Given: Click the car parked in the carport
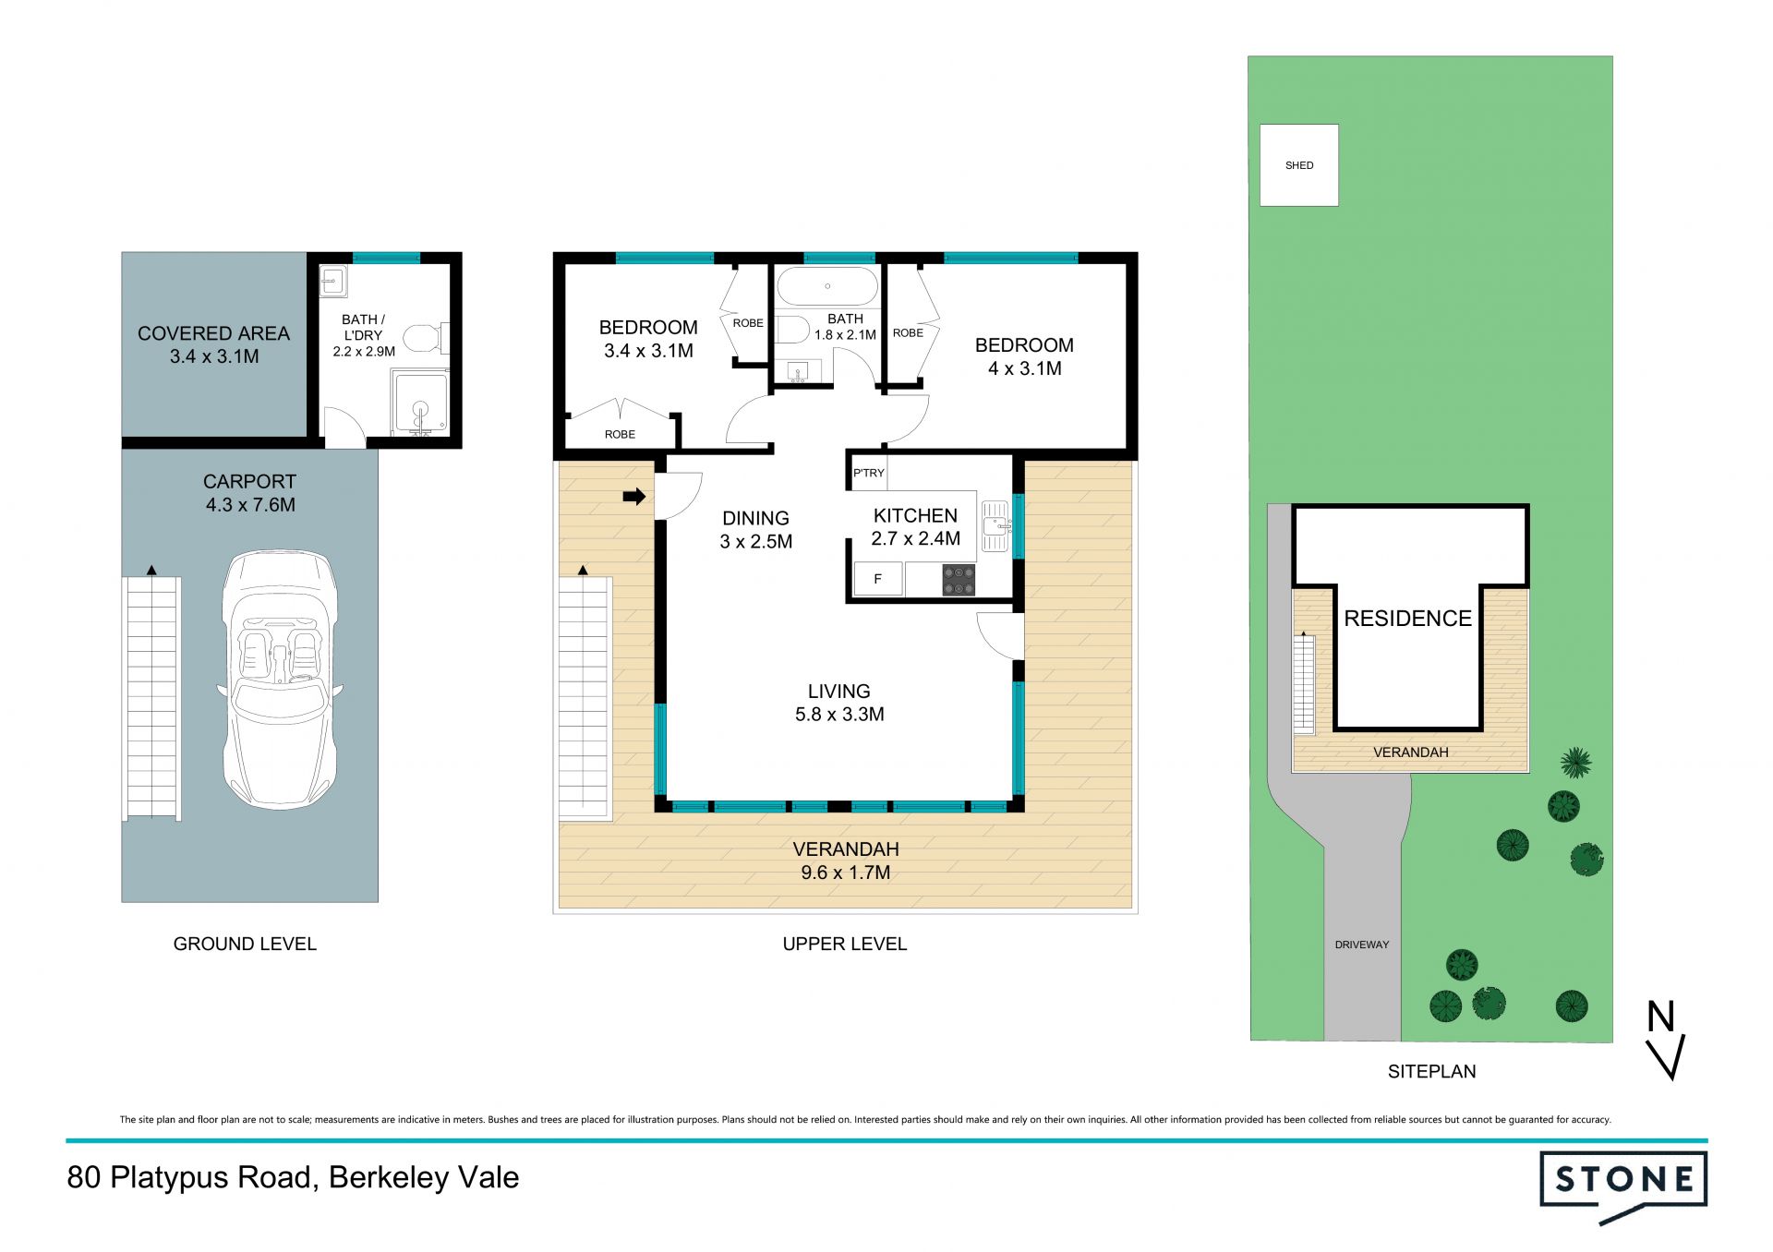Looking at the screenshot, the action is click(280, 680).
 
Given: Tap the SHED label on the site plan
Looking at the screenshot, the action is click(1298, 165).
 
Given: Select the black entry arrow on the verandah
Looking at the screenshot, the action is click(634, 497).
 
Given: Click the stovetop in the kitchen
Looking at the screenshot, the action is click(959, 580).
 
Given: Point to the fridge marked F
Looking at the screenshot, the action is click(877, 579).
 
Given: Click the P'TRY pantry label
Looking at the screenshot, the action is click(868, 473).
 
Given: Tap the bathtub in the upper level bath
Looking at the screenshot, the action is click(827, 286).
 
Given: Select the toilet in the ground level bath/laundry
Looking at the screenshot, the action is click(427, 338).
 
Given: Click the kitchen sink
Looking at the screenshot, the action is click(995, 526).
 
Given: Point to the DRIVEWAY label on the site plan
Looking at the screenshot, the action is click(1362, 945).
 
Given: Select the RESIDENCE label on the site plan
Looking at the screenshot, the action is click(1407, 619).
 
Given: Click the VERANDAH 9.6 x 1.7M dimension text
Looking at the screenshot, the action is click(846, 861).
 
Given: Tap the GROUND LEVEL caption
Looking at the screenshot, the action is click(245, 944).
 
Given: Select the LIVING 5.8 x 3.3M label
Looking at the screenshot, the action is click(839, 703).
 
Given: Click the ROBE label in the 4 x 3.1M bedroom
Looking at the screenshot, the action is click(908, 333).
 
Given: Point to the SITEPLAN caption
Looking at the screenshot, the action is click(1431, 1071).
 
